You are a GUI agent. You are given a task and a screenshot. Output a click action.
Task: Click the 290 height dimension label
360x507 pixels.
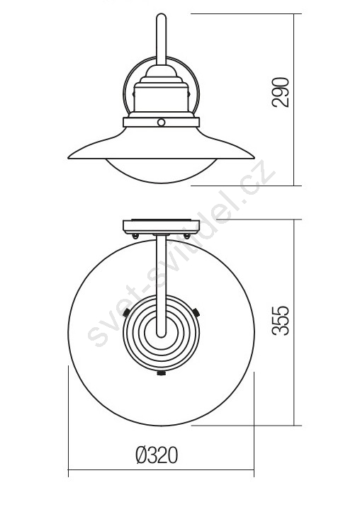pos(281,92)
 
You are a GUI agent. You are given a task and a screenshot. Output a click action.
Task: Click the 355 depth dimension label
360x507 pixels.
pos(281,320)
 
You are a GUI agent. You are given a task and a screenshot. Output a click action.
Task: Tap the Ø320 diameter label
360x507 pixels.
pos(157,455)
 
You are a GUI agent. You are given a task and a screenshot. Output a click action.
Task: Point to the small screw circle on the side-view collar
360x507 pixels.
pos(161,123)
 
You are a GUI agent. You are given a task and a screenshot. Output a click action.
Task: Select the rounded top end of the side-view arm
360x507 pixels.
pos(162,15)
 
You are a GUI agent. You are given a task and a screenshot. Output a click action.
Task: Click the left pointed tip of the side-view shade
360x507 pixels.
pos(68,158)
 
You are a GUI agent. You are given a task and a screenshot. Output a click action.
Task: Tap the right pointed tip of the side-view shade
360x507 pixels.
pos(254,158)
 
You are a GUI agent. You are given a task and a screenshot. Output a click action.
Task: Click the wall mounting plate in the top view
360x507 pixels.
pos(162,227)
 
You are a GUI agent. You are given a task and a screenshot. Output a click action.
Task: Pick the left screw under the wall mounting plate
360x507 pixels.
pos(135,237)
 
